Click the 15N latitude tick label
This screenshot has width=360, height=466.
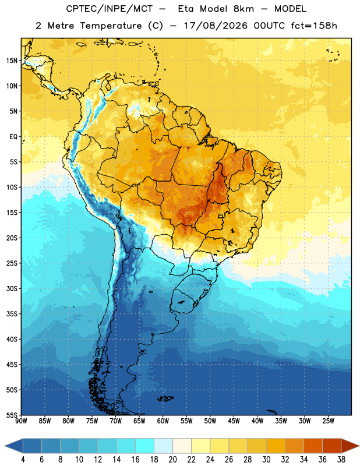(x=12, y=61)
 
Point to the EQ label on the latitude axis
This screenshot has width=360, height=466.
(x=13, y=137)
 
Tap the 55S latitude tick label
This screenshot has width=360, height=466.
(x=12, y=415)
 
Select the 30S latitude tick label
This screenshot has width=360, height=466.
(x=12, y=288)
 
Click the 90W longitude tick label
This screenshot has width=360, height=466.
(x=22, y=421)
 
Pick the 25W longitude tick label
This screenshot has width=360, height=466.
(x=328, y=421)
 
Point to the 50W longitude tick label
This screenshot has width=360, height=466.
(x=210, y=421)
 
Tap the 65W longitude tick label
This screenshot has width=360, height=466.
(x=139, y=421)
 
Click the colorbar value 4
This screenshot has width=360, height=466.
(x=23, y=460)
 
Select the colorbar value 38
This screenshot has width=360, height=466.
(x=341, y=460)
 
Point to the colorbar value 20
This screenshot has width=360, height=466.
(x=172, y=460)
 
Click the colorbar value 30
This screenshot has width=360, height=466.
(x=266, y=460)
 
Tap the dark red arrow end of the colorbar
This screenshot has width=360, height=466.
(x=350, y=446)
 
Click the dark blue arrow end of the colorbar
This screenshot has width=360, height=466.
(x=14, y=446)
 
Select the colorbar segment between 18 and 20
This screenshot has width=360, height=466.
(x=163, y=446)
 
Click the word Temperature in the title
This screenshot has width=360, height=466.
(x=111, y=26)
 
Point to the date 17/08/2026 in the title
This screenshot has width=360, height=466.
(x=216, y=26)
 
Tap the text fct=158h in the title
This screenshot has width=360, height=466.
(x=314, y=26)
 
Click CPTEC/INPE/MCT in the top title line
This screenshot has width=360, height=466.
(x=109, y=9)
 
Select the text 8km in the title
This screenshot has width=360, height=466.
(x=243, y=9)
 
